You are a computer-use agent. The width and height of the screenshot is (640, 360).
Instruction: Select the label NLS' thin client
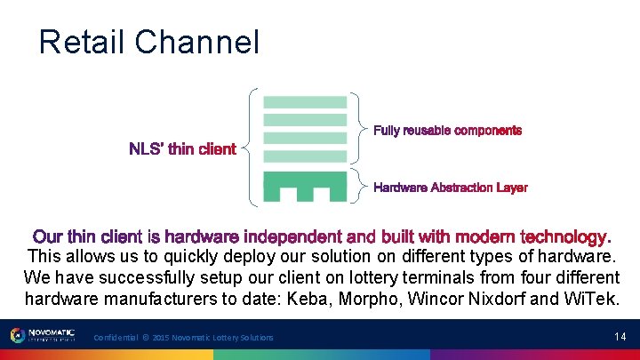pyautogui.click(x=182, y=149)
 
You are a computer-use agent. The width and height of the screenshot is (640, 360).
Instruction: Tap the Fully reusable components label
pyautogui.click(x=447, y=131)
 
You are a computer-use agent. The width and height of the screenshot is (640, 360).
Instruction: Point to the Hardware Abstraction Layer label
pyautogui.click(x=450, y=188)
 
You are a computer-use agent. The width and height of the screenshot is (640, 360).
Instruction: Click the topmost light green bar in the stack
pyautogui.click(x=305, y=102)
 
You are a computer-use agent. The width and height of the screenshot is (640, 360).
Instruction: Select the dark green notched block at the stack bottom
pyautogui.click(x=305, y=188)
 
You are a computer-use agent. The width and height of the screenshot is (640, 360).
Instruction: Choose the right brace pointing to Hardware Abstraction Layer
pyautogui.click(x=359, y=186)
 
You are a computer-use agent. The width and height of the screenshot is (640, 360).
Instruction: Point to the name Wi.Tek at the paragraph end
pyautogui.click(x=590, y=298)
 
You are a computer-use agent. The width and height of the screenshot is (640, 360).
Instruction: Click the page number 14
pyautogui.click(x=620, y=336)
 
